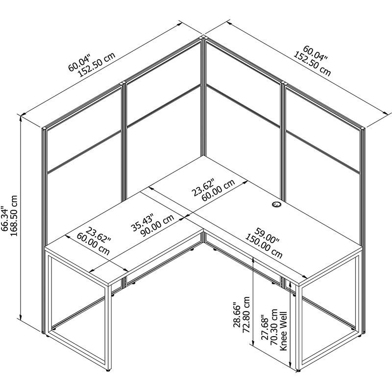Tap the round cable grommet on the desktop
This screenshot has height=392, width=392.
[275, 206]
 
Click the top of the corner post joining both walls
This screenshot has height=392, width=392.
[202, 38]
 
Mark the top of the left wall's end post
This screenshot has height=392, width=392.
[44, 128]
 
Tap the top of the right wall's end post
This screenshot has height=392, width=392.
[362, 129]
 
